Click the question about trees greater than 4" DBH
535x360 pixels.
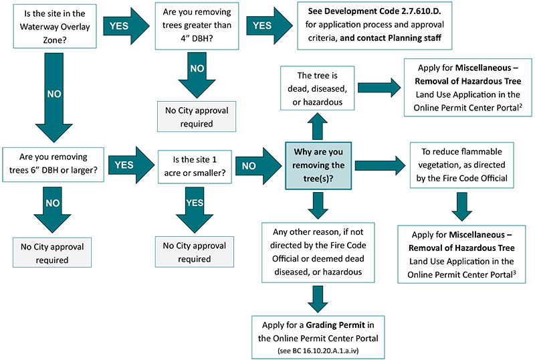[x=197, y=27]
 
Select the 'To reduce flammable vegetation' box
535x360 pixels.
[x=457, y=165]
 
